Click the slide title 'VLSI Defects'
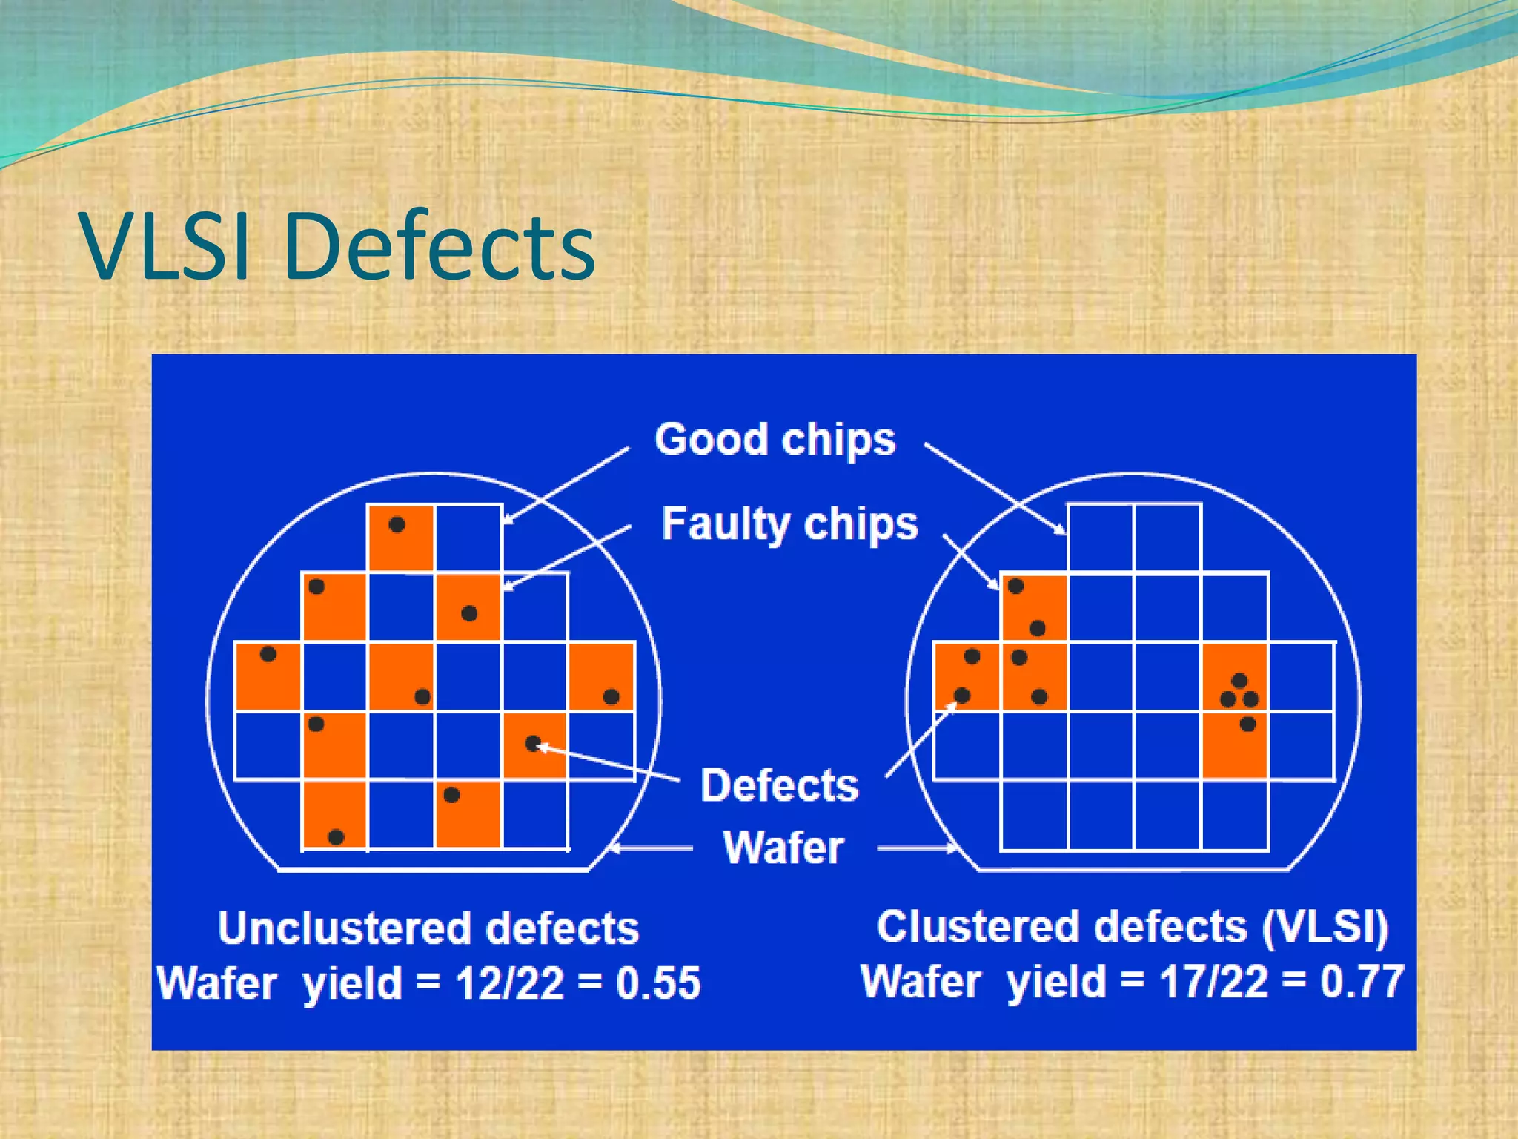point(338,246)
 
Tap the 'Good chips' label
point(775,440)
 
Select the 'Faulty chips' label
point(789,524)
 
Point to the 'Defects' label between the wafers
point(780,785)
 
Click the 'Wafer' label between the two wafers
point(783,848)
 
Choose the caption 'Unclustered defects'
point(428,928)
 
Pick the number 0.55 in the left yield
point(658,983)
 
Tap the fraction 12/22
point(509,983)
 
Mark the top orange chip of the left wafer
point(400,538)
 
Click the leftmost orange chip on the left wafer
point(268,676)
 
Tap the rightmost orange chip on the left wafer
point(601,676)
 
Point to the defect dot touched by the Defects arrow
point(533,743)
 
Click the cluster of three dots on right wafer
point(1239,693)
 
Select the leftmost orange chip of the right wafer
point(967,676)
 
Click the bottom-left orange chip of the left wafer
point(334,814)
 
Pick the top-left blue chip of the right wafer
point(1100,538)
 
